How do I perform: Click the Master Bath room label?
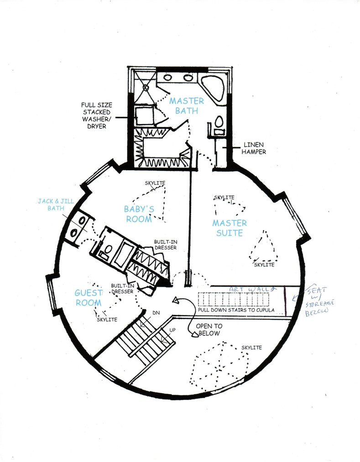[187, 105]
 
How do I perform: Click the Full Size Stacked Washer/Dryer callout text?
[96, 115]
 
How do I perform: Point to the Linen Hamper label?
[254, 148]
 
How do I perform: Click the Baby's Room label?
[139, 214]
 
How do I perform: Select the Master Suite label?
[230, 228]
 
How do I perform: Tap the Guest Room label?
[89, 298]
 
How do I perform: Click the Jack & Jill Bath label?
[56, 205]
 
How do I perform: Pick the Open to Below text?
[209, 330]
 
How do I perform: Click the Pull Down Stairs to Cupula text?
[236, 310]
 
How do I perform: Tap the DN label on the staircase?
[156, 313]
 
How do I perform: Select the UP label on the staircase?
[172, 330]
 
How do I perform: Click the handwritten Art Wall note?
[253, 289]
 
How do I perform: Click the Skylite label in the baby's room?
[155, 183]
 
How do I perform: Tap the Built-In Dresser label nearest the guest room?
[123, 289]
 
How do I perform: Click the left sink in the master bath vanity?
[168, 78]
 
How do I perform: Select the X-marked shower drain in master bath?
[146, 87]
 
